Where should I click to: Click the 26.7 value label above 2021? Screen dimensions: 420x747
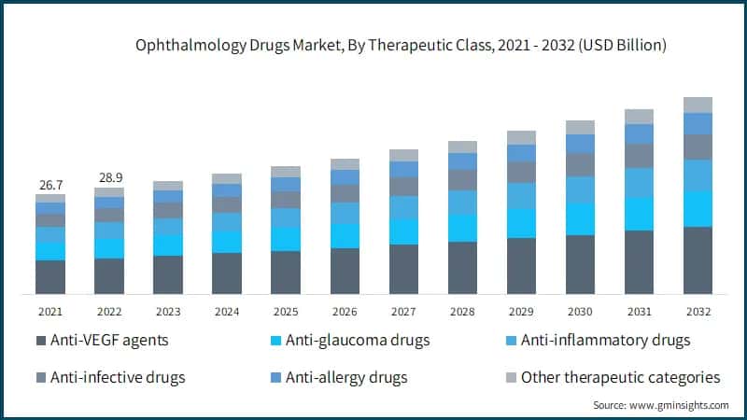click(50, 184)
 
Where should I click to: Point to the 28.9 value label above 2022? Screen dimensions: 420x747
click(109, 176)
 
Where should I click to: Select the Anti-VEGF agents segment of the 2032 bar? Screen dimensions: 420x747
click(698, 260)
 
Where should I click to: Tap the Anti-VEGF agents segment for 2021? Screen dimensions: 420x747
click(50, 277)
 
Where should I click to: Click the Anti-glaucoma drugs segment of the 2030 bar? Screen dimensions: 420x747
click(580, 219)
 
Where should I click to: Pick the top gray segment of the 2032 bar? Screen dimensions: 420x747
click(698, 105)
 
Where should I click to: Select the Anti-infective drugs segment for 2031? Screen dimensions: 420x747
click(639, 155)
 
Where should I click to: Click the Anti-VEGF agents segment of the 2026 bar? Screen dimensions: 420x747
click(345, 272)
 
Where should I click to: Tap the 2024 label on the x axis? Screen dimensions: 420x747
click(227, 310)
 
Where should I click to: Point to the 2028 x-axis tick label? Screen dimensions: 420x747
click(462, 310)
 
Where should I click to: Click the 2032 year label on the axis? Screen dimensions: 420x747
click(698, 310)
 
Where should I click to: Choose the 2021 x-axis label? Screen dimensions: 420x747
click(50, 310)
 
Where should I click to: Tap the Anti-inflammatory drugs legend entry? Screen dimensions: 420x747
click(606, 340)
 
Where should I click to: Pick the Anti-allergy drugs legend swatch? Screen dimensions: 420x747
click(275, 378)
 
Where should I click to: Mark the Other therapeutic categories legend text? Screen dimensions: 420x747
click(621, 377)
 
